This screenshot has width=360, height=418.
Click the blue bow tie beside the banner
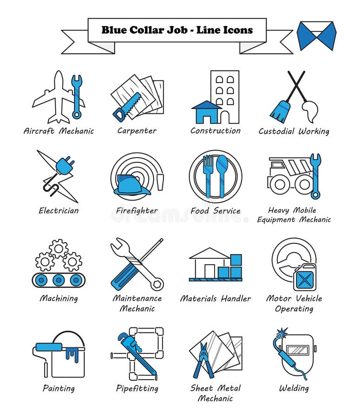coord(316,36)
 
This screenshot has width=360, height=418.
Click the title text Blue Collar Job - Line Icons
coord(177,30)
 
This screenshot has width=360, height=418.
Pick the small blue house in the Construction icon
coord(206,112)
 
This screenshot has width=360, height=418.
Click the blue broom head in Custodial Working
coord(281,112)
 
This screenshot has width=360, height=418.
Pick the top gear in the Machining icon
coord(59,248)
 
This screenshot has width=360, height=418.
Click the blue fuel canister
coord(304,277)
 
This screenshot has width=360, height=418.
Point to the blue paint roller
coord(49,346)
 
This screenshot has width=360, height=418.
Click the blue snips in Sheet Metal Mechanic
coord(203,360)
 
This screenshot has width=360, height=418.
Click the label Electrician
coord(59,211)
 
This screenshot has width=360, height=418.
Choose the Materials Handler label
coord(215,299)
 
